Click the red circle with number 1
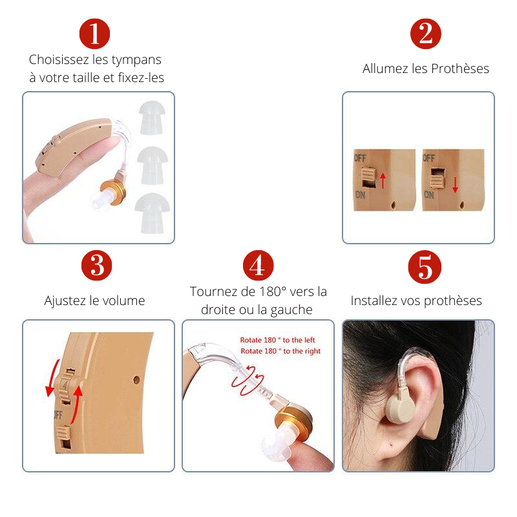94,34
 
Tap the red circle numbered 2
426,34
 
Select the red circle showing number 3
96,266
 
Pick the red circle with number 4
258,266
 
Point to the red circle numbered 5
425,267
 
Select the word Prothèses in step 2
460,69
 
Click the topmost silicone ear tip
152,118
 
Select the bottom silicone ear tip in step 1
153,213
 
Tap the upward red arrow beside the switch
383,180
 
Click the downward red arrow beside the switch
455,185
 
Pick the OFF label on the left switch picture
360,158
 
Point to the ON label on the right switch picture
428,195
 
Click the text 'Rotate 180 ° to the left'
277,340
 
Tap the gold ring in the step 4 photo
293,421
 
